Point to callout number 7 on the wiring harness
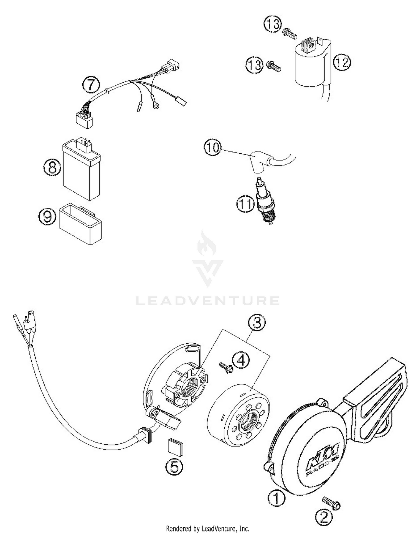pos(91,85)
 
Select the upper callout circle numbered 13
pos(273,24)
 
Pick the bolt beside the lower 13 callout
pos(273,66)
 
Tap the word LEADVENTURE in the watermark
pos(208,301)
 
